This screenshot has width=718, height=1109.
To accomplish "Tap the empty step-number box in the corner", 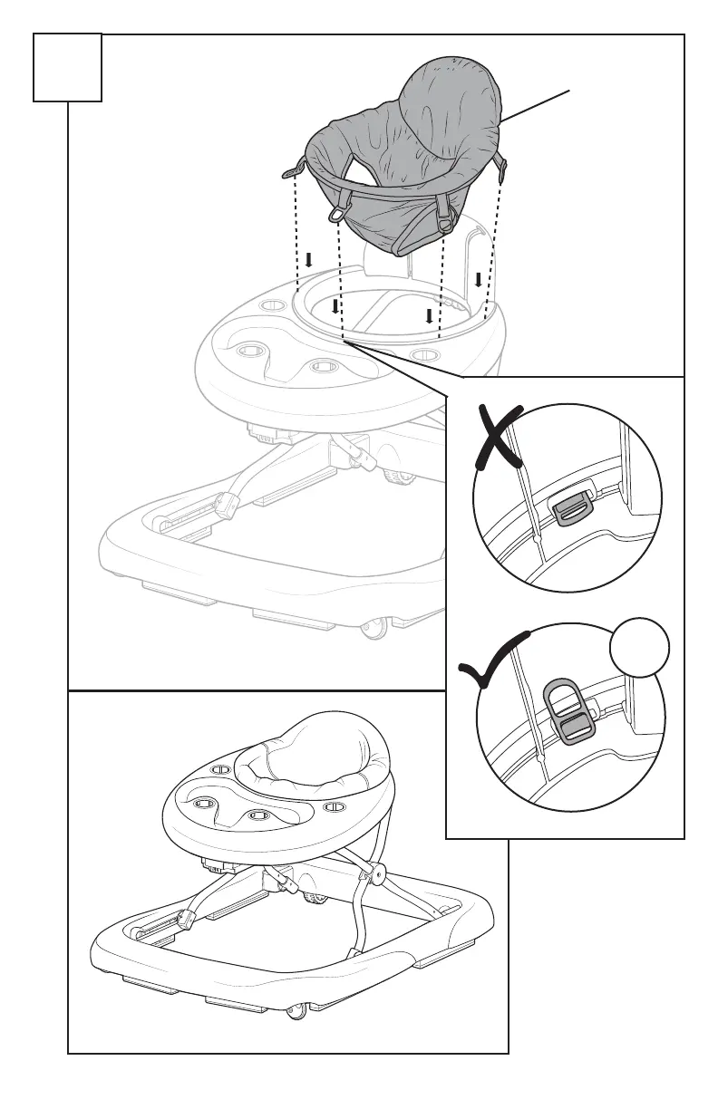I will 67,67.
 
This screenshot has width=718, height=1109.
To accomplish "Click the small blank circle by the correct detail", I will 639,651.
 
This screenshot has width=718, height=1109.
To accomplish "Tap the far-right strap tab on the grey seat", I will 503,165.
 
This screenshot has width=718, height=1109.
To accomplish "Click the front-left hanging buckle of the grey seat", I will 339,210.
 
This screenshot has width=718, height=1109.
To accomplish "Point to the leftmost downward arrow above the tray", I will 309,260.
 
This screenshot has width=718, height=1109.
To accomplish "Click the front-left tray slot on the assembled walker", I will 203,803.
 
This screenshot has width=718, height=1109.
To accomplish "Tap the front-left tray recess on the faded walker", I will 250,351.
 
